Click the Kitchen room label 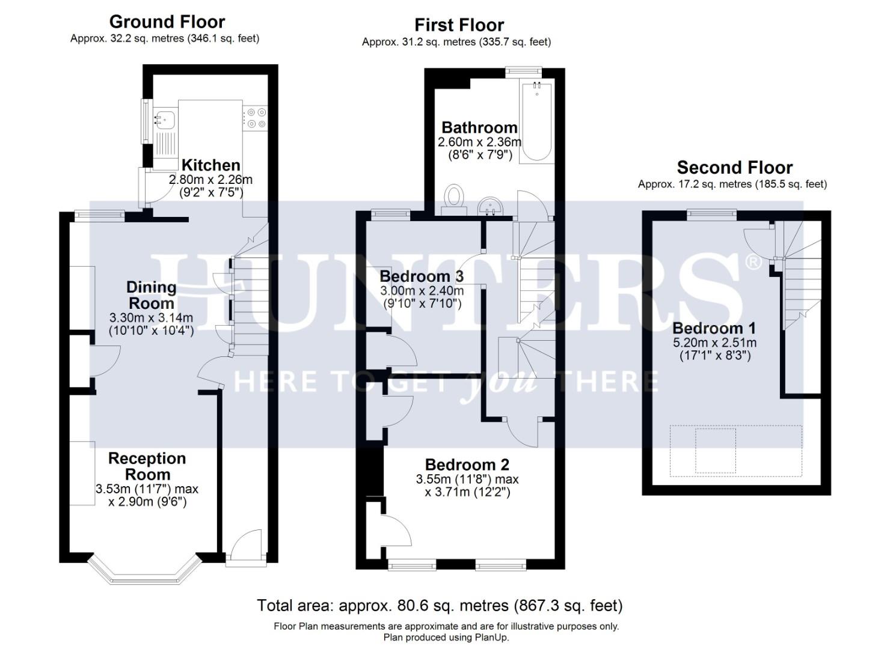coord(210,165)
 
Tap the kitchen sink coord(164,120)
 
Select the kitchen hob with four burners coord(255,118)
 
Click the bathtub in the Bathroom coord(536,123)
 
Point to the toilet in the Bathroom coord(454,198)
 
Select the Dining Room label coord(151,295)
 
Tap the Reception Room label coord(147,466)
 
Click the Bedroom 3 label coord(422,276)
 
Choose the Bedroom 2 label coord(467,465)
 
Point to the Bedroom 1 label coord(714,328)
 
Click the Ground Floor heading coord(167,22)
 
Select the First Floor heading coord(459,25)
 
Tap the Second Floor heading coord(734,168)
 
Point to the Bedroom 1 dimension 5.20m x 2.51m coord(714,343)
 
